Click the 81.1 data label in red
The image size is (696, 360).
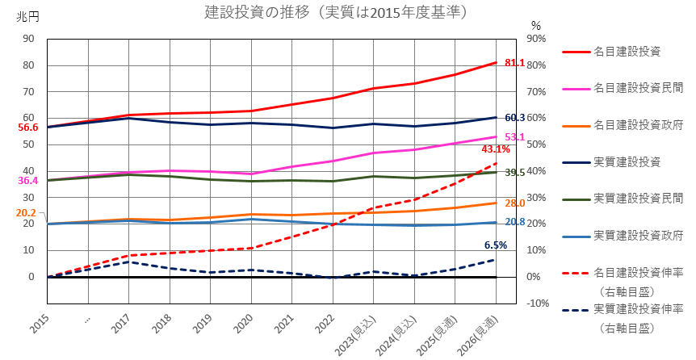click(x=514, y=62)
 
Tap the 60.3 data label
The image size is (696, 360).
click(x=515, y=118)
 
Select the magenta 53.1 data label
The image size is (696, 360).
click(x=515, y=136)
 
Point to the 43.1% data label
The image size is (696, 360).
click(x=495, y=149)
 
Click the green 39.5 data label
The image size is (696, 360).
click(x=515, y=173)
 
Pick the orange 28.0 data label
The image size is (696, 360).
click(x=515, y=203)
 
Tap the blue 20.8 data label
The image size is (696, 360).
click(x=515, y=222)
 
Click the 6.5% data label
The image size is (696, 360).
click(x=495, y=245)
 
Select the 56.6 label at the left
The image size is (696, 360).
click(x=28, y=128)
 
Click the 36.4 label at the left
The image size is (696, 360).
click(x=28, y=181)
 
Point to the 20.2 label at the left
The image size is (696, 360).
click(x=25, y=213)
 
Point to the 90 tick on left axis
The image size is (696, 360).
click(x=28, y=38)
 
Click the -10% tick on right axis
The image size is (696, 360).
click(x=537, y=303)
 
